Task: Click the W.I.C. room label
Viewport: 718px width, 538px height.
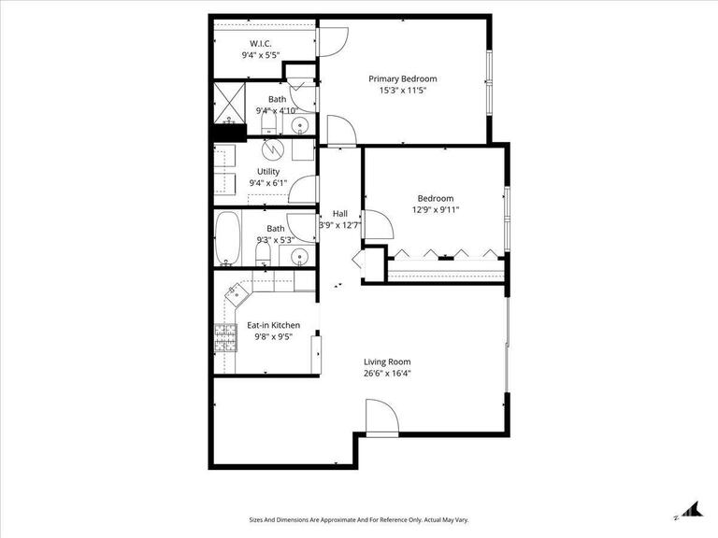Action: (x=260, y=44)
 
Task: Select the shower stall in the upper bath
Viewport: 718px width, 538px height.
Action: (x=228, y=103)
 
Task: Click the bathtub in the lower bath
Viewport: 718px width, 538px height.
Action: (x=227, y=240)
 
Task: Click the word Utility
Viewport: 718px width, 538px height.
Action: (x=268, y=172)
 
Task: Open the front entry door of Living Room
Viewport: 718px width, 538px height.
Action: (x=381, y=416)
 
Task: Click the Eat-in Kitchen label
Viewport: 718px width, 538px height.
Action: (x=273, y=326)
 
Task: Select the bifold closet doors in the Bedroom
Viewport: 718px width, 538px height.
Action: (x=443, y=253)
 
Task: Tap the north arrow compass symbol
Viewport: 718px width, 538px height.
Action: (x=692, y=509)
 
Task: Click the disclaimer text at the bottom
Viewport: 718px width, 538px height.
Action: (x=358, y=520)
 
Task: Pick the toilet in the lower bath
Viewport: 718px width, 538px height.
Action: (x=265, y=251)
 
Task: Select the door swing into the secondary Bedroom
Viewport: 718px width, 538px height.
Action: (x=376, y=224)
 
